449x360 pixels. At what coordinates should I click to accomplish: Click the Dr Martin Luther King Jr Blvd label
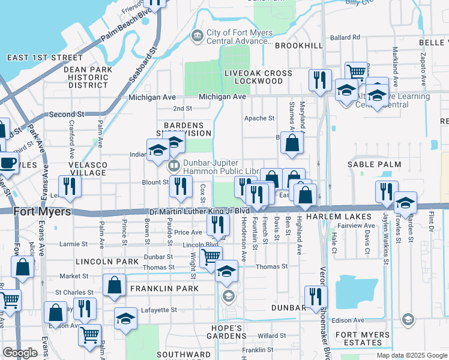coord(199,211)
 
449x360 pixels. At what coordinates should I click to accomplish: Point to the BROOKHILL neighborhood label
coord(300,46)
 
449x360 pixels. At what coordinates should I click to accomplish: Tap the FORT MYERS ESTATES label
coord(363,339)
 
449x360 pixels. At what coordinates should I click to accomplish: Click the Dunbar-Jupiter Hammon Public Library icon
coord(173,165)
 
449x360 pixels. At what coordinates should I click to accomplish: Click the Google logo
coord(20,353)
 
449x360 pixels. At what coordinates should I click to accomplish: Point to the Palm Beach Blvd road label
coord(126,26)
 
